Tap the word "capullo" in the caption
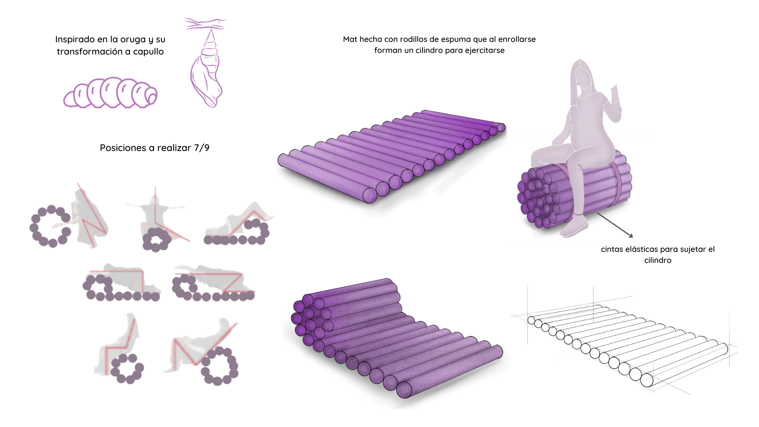[148, 52]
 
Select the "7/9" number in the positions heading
[202, 148]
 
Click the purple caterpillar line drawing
[110, 93]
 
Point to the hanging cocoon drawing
[207, 69]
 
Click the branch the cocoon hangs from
[205, 24]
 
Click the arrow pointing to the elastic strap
[615, 225]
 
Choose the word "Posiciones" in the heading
[123, 148]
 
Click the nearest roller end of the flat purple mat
[370, 195]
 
